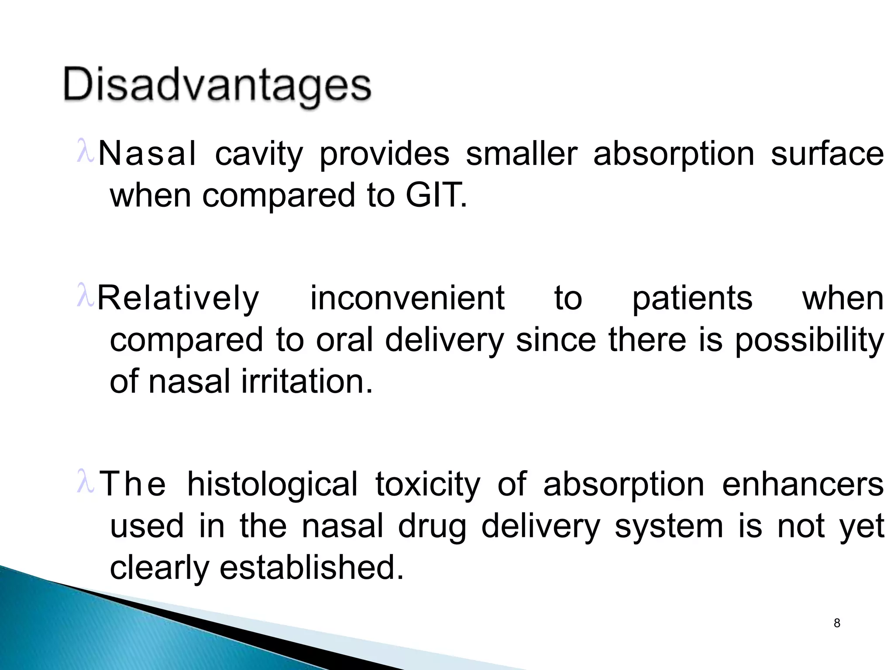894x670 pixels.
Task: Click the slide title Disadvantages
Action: tap(217, 86)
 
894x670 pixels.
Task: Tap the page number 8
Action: tap(836, 623)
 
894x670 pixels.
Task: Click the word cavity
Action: tap(259, 155)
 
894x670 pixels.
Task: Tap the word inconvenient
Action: tap(407, 298)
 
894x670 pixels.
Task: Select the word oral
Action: tap(345, 340)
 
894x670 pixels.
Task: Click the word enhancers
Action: tap(803, 484)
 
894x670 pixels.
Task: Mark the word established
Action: tap(312, 567)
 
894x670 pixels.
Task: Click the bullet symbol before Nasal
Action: tap(85, 151)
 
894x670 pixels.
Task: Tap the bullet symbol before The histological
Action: tap(85, 482)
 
